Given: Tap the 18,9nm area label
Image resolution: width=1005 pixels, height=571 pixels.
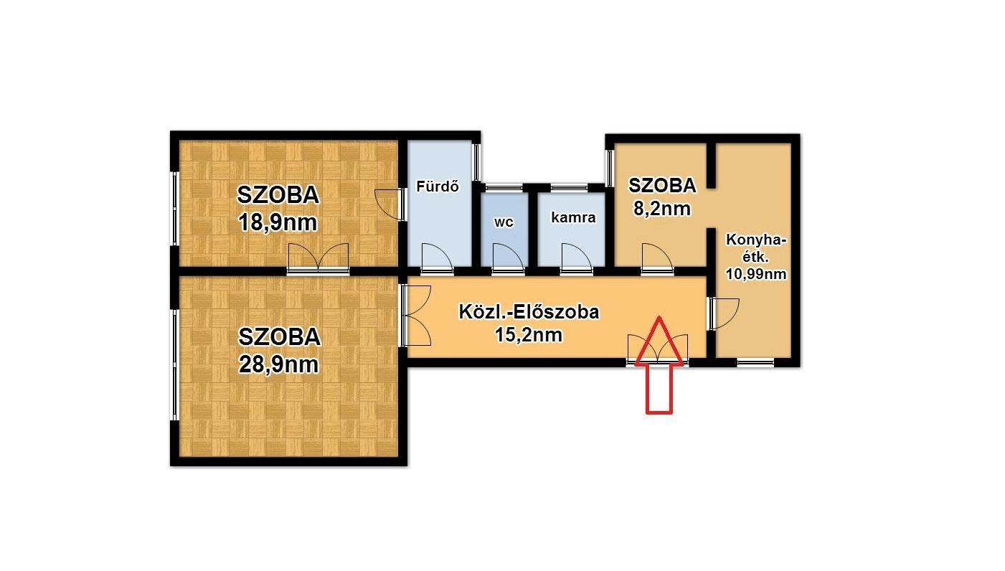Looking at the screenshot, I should pos(278,222).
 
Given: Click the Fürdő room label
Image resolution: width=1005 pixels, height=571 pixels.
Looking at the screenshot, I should pos(438,187).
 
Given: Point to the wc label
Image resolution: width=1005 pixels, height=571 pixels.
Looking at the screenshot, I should pos(504,222).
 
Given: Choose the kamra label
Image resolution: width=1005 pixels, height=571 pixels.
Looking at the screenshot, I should pos(573,217).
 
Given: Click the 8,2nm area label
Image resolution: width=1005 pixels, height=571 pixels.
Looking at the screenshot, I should pos(661,209).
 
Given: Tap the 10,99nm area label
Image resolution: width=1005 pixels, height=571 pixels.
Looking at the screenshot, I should pos(755,273).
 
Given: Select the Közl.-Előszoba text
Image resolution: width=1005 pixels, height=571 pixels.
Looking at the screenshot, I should pos(529,312).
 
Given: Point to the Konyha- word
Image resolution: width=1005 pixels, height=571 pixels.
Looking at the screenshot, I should pos(756,240).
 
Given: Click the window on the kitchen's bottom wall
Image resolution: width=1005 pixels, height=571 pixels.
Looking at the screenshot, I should pos(755,363).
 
